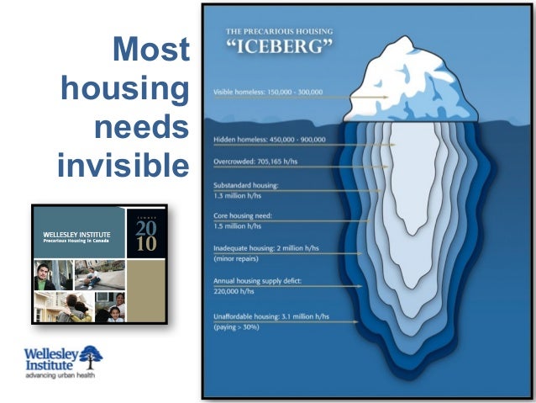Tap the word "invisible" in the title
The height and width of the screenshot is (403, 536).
pos(123,166)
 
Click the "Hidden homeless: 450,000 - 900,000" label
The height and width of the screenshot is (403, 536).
pos(269,140)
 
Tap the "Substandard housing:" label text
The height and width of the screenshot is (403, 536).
pos(245,185)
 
